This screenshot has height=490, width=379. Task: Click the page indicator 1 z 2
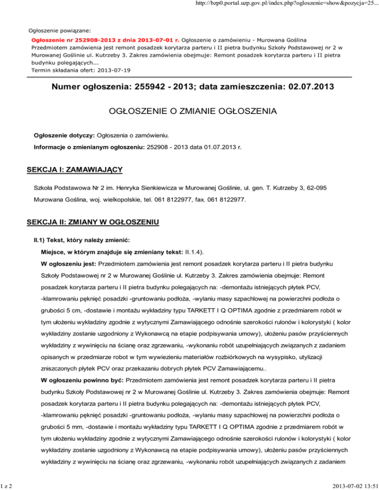[x=7, y=485]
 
